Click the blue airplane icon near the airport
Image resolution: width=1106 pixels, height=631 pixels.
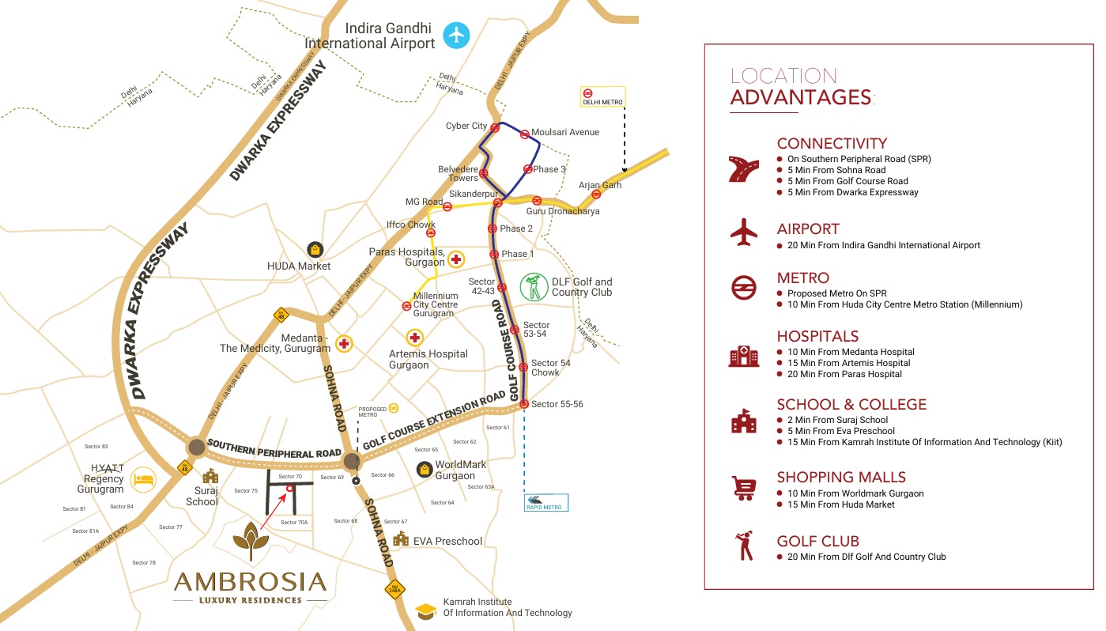pos(456,35)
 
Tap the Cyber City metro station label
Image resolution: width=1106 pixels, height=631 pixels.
pos(466,126)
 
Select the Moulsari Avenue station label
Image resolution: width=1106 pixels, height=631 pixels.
pos(564,132)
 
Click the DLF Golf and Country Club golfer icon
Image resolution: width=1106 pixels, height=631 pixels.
pos(534,287)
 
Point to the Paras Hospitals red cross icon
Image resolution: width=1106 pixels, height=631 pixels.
pos(456,259)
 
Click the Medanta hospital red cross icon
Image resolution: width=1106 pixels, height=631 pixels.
pos(344,343)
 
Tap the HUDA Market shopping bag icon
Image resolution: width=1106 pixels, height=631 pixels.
pos(315,249)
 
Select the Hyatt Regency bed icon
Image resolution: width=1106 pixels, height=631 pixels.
pos(143,478)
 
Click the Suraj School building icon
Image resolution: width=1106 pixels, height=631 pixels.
pos(210,476)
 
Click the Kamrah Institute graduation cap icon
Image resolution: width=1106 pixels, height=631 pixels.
pos(427,610)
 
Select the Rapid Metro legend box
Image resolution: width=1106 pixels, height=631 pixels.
pos(546,502)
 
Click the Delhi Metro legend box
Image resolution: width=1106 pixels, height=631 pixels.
pos(602,96)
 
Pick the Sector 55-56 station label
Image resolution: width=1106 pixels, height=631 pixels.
pos(557,404)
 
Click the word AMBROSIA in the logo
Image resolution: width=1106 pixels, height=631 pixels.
pos(250,582)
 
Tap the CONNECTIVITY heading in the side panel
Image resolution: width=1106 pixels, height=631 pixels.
pos(832,143)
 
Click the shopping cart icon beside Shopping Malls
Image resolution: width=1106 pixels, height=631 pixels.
pos(743,488)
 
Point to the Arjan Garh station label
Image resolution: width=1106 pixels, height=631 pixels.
pos(600,185)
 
